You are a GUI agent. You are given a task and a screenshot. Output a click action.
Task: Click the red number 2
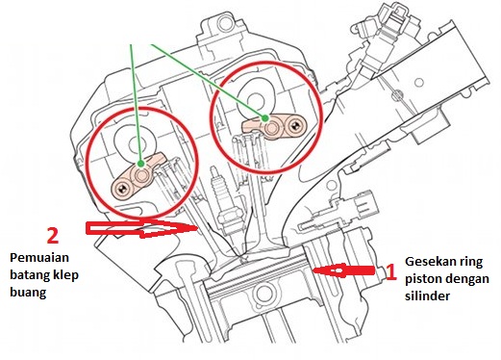pyautogui.click(x=53, y=236)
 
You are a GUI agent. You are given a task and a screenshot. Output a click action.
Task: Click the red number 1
pyautogui.click(x=389, y=271)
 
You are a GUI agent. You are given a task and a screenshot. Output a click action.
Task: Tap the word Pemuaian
pyautogui.click(x=39, y=258)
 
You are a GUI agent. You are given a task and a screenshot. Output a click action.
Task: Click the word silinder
pyautogui.click(x=427, y=296)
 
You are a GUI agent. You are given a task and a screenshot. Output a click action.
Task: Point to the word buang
pyautogui.click(x=28, y=293)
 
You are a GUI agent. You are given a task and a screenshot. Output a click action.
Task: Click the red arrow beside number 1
pyautogui.click(x=343, y=270)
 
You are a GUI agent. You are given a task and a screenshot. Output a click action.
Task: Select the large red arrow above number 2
pyautogui.click(x=141, y=228)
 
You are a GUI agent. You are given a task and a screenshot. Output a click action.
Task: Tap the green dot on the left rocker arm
pyautogui.click(x=140, y=164)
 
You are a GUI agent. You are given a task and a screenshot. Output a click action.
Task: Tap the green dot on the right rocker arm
pyautogui.click(x=264, y=118)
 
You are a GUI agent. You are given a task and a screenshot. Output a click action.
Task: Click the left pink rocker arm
pyautogui.click(x=138, y=175)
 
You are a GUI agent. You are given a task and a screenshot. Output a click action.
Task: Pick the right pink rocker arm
pyautogui.click(x=274, y=126)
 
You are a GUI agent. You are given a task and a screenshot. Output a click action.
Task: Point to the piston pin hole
pyautogui.click(x=264, y=294)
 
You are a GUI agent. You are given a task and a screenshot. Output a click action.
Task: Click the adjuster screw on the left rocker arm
pyautogui.click(x=121, y=189)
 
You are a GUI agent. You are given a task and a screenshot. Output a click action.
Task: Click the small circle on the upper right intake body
pyautogui.click(x=418, y=83)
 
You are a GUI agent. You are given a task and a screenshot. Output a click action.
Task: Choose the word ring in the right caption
pyautogui.click(x=472, y=263)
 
